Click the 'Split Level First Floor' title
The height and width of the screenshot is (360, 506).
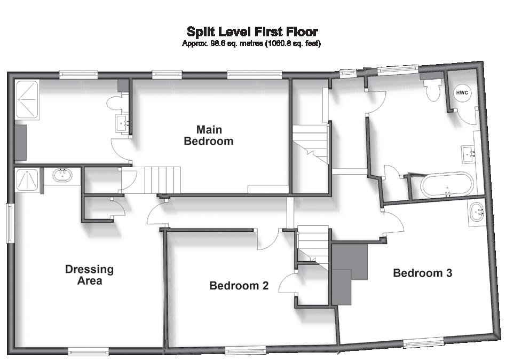(252, 32)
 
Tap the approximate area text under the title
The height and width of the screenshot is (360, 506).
(251, 43)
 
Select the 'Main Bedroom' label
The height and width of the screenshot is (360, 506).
(209, 136)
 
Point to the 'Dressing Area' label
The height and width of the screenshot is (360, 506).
(89, 275)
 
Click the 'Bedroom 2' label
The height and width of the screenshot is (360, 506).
(239, 286)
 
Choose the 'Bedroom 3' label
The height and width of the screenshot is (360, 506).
(423, 273)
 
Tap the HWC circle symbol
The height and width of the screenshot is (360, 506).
(462, 93)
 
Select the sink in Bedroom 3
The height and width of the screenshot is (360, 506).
(476, 210)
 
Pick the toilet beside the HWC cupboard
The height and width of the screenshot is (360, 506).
(433, 89)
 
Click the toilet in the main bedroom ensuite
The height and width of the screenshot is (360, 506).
(115, 103)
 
